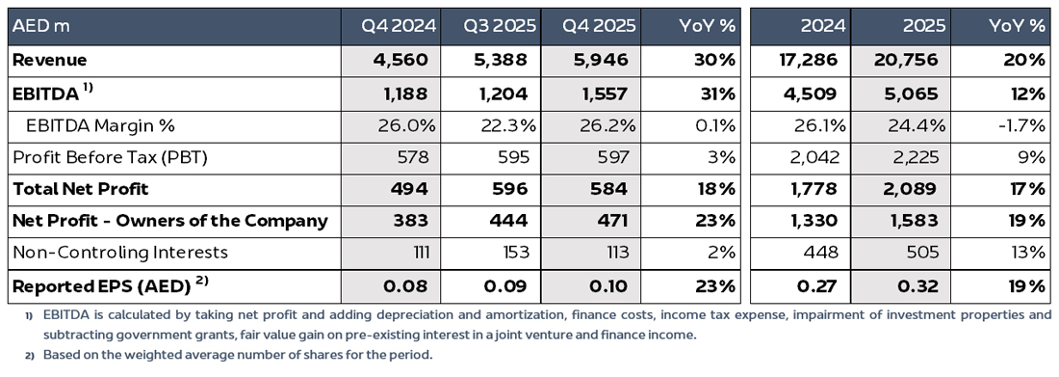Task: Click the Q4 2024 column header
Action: (x=399, y=26)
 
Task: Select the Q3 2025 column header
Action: (x=499, y=26)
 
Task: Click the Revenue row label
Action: (x=49, y=60)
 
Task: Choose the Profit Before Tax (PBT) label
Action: (x=110, y=157)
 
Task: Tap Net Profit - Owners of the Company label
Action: (x=169, y=221)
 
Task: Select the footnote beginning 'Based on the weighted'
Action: (x=230, y=355)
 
